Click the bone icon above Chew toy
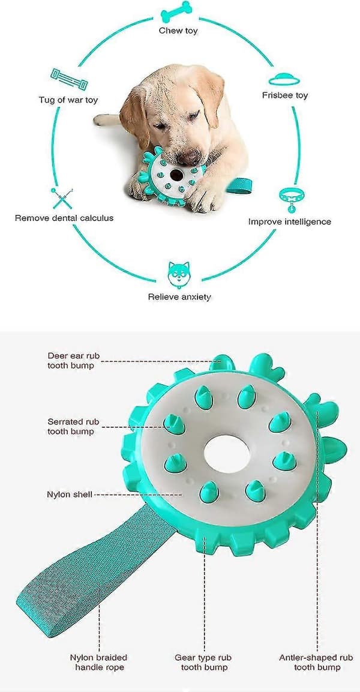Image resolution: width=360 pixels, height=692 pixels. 176,12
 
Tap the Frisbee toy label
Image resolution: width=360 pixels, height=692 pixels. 284,95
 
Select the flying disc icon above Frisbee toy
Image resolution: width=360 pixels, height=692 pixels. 284,79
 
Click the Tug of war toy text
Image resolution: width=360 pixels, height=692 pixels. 68,100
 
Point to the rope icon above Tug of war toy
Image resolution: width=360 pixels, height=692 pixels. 69,79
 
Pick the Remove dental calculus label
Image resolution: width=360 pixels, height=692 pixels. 64,218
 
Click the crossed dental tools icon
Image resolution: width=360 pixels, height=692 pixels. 62,198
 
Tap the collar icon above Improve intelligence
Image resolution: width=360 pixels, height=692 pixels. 291,199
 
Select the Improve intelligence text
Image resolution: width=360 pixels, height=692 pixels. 289,221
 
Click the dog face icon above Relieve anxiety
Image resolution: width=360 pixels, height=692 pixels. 179,274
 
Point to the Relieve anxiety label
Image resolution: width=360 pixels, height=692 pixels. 179,297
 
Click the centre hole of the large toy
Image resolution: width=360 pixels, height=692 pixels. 227,453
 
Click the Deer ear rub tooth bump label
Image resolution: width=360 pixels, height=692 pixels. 71,360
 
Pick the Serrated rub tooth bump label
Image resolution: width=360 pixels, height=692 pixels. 71,426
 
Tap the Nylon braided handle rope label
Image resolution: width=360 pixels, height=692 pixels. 98,662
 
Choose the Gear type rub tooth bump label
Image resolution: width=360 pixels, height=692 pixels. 204,662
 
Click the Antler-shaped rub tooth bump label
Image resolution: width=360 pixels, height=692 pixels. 316,662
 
